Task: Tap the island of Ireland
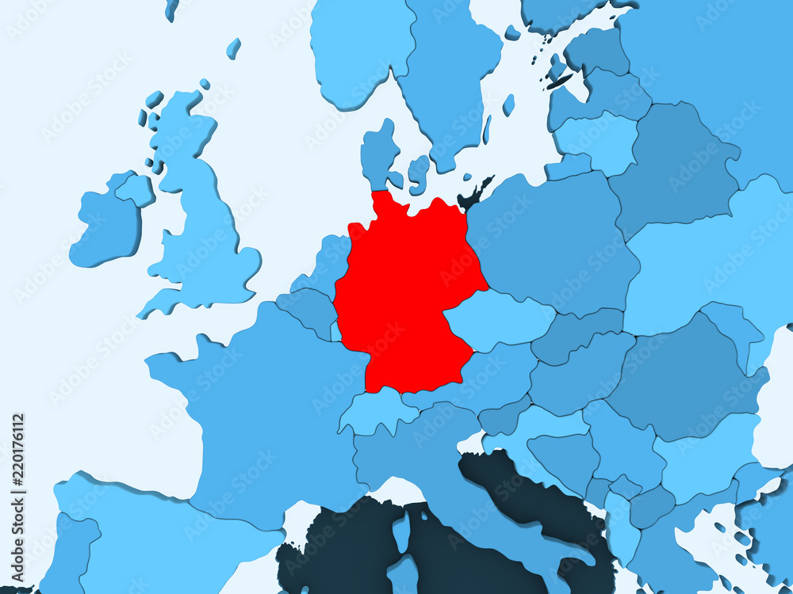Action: coord(107,226)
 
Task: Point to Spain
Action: coord(159,539)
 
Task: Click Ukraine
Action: coord(714,261)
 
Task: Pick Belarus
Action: coord(674,166)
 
